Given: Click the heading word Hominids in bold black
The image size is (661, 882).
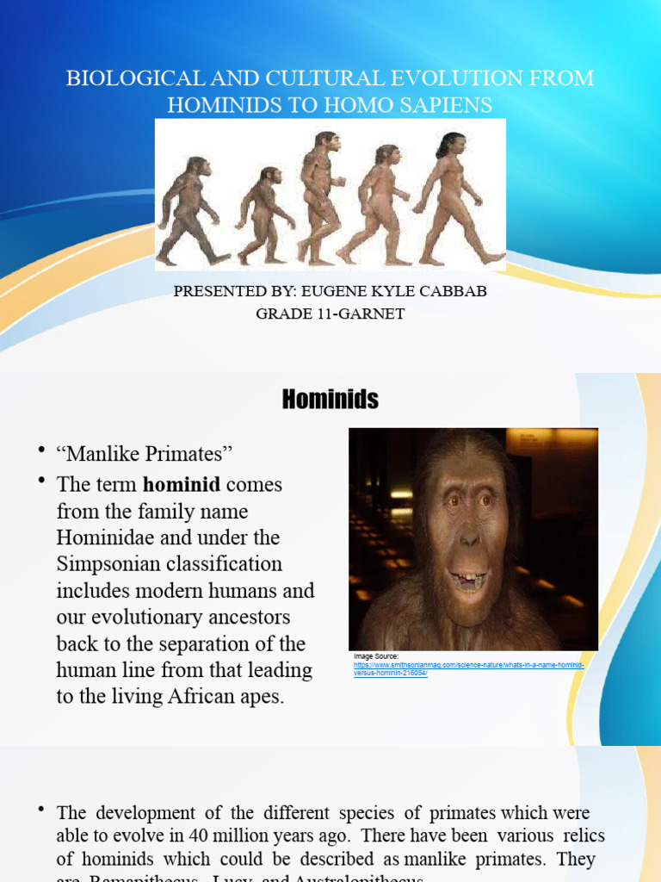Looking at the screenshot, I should click(x=330, y=400).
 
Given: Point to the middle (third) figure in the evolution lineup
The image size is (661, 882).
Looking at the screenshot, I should click(x=320, y=198).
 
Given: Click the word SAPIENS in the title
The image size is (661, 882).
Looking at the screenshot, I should click(x=445, y=105).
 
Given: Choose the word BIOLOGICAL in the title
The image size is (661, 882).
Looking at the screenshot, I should click(x=131, y=78).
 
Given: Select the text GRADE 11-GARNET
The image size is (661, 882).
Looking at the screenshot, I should click(x=330, y=314).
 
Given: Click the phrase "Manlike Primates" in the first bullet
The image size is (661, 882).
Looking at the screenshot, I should click(x=145, y=453).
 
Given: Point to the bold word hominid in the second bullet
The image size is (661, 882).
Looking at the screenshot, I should click(x=182, y=484).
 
